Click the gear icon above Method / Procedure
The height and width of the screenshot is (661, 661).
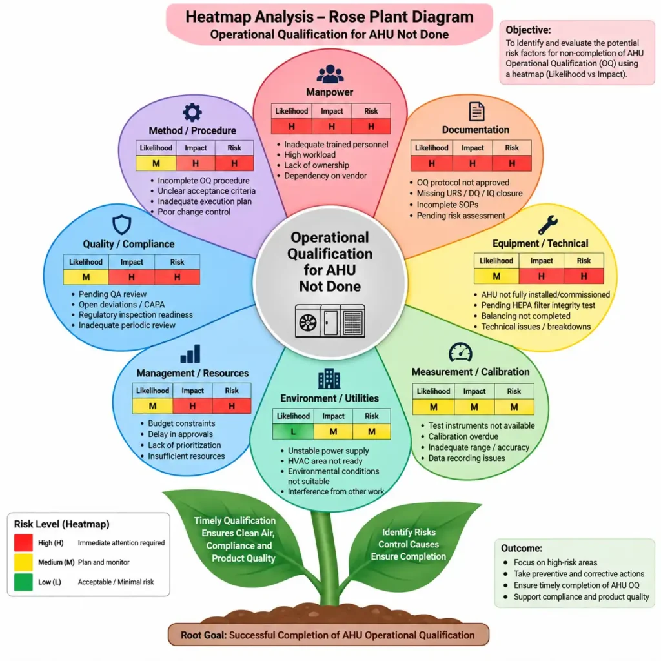pos(192,112)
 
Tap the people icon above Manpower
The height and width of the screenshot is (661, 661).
pos(330,74)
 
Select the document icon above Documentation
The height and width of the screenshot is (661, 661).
pos(476,112)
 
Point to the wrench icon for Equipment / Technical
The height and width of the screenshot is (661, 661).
pos(548,225)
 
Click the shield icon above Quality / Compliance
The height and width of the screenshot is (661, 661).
pos(122,225)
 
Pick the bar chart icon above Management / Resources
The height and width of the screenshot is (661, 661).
pos(190,354)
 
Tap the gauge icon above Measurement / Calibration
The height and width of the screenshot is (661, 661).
pos(460,352)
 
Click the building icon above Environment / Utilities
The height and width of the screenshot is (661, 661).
pos(329,378)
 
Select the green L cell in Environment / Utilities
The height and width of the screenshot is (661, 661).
pos(293,432)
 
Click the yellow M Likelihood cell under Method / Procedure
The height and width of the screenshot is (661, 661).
pos(156,163)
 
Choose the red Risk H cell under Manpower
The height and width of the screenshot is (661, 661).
pos(371,127)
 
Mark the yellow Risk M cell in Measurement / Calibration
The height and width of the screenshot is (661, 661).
pos(514,407)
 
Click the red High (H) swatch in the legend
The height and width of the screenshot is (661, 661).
pos(23,542)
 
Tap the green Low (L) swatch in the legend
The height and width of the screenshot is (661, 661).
pos(23,582)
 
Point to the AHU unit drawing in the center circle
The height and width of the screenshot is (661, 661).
pos(330,321)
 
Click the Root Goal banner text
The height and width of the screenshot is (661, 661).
pos(328,635)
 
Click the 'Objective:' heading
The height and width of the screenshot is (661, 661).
pos(528,30)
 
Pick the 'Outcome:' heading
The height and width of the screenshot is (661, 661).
pos(522,548)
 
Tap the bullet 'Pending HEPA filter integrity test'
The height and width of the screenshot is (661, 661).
pos(538,305)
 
